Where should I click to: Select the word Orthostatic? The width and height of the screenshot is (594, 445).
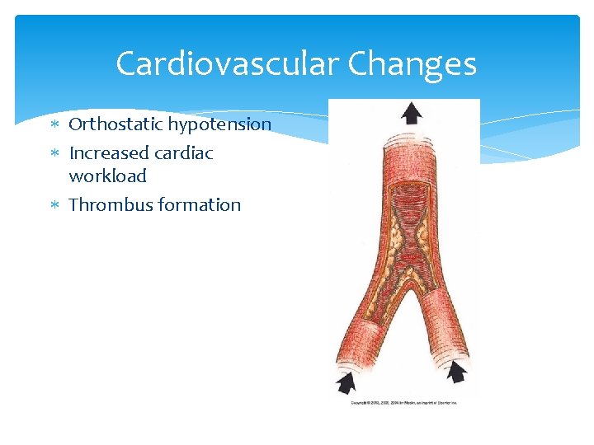[x=115, y=124]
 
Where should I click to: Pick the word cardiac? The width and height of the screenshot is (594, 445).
[x=184, y=153]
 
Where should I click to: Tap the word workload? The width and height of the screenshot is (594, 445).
[x=107, y=176]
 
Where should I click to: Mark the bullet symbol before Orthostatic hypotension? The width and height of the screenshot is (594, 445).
[x=54, y=125]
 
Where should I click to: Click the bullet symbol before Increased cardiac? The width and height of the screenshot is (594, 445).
[x=54, y=154]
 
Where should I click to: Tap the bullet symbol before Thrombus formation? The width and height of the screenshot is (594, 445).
[x=54, y=206]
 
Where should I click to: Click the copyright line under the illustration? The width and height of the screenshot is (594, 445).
[x=404, y=402]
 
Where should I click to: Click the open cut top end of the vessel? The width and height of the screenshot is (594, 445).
[x=410, y=141]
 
